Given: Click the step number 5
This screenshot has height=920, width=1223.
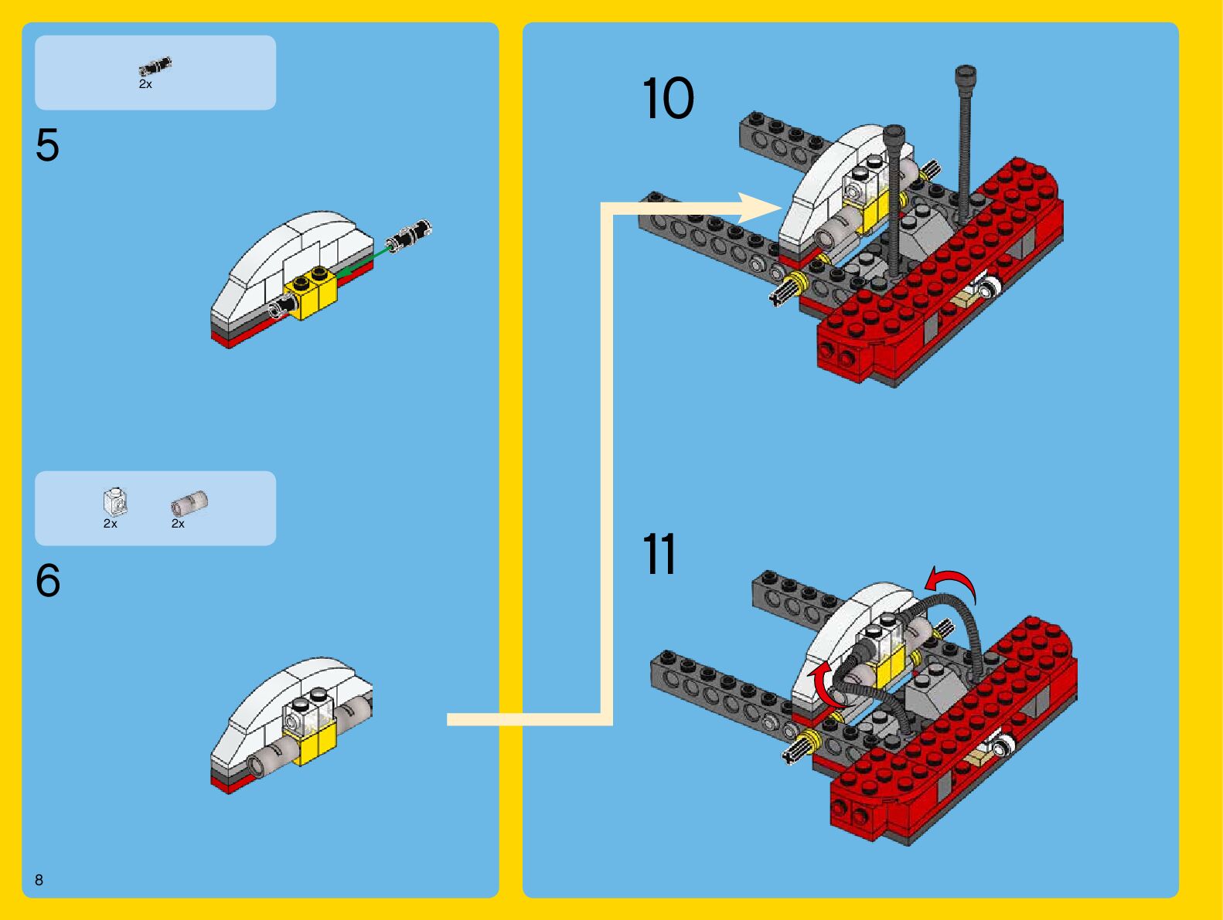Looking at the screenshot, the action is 47,145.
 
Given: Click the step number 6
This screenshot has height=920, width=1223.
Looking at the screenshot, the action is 47,580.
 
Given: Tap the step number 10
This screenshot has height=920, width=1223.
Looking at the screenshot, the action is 668,99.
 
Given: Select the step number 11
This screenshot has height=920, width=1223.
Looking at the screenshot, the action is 659,555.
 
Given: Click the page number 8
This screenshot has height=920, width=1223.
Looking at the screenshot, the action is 39,880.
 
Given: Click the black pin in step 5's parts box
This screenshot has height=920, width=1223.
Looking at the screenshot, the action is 155,66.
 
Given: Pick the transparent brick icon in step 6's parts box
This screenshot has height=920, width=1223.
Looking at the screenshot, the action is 114,501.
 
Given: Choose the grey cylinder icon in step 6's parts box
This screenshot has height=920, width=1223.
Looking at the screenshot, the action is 189,503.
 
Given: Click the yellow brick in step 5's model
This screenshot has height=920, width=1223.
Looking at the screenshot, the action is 311,293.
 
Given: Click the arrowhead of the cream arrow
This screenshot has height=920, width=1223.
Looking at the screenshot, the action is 761,208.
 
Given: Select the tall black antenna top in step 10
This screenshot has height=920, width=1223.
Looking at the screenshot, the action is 966,76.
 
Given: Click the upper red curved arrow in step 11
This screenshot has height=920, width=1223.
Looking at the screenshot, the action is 952,581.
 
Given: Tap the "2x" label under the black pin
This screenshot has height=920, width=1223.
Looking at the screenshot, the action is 145,84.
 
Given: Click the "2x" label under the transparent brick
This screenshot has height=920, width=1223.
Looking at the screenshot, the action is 111,524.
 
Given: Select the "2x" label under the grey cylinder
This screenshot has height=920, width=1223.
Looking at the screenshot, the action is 178,524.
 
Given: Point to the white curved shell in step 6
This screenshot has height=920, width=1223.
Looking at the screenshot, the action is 267,699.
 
